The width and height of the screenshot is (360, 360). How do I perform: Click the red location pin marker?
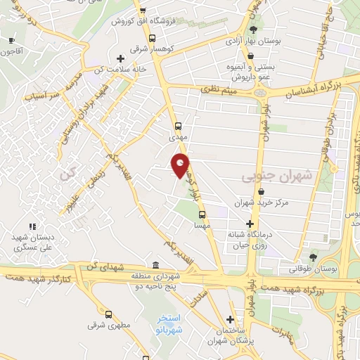[x=181, y=165]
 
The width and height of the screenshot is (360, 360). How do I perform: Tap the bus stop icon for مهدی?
[x=178, y=127]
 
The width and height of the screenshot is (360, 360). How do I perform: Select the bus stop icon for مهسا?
[x=202, y=214]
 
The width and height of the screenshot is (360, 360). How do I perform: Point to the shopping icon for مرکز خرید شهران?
[x=261, y=191]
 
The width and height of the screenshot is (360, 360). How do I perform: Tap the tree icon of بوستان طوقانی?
[x=313, y=256]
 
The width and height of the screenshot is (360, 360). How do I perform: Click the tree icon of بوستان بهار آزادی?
[x=253, y=29]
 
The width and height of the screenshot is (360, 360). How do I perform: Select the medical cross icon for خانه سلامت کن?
[x=120, y=58]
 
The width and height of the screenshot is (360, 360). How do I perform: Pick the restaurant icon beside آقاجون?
[x=11, y=41]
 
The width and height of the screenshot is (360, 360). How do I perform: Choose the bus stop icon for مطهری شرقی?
[x=108, y=314]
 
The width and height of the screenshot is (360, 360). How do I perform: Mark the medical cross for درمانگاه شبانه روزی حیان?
[x=249, y=223]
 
